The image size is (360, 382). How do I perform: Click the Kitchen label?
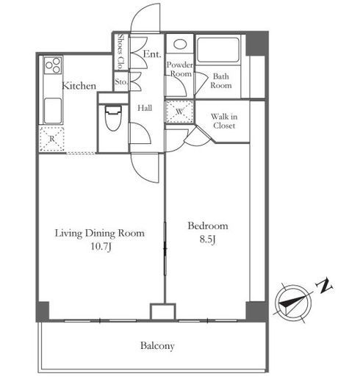tap(79, 86)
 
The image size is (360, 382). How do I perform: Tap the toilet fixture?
tap(113, 118)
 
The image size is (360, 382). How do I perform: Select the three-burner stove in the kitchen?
tap(53, 65)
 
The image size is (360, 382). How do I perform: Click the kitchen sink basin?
tap(53, 110)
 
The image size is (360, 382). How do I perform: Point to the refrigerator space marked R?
tap(52, 139)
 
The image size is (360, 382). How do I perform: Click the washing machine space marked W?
tap(179, 112)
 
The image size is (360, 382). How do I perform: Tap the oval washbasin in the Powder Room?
tap(180, 44)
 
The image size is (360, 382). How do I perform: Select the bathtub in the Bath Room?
tap(217, 50)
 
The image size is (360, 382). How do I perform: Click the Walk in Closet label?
tap(224, 121)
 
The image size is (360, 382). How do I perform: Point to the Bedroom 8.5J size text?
tap(207, 239)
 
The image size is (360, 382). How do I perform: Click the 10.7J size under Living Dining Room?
tap(101, 246)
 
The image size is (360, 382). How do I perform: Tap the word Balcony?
tap(157, 346)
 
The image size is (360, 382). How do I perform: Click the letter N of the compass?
tap(324, 286)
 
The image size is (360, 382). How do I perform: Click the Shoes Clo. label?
tap(120, 51)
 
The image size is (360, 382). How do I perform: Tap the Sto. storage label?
tap(121, 82)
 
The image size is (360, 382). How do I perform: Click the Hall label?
tap(145, 108)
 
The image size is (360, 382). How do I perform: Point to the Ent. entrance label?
tap(152, 54)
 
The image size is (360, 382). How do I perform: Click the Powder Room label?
tap(180, 69)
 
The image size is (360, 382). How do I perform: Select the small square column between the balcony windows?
tap(163, 311)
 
